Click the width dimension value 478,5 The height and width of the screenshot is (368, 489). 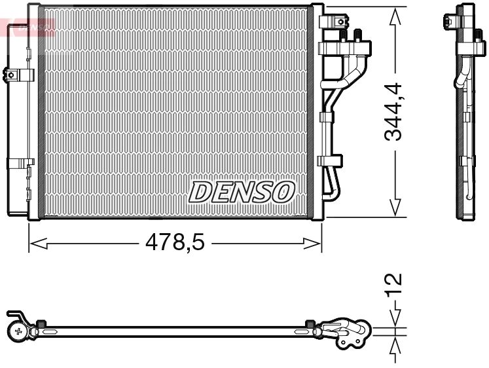pyautogui.click(x=175, y=244)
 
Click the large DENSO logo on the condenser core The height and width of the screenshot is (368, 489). pyautogui.click(x=242, y=191)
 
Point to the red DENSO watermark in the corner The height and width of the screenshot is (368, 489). pyautogui.click(x=29, y=28)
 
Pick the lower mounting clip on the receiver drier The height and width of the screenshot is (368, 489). pyautogui.click(x=20, y=162)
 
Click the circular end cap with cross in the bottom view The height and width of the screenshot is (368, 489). pyautogui.click(x=18, y=331)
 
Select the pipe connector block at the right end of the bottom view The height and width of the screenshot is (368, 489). pyautogui.click(x=347, y=331)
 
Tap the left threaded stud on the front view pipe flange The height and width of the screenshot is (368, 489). pyautogui.click(x=343, y=35)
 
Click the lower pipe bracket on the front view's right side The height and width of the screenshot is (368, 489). pyautogui.click(x=331, y=160)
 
